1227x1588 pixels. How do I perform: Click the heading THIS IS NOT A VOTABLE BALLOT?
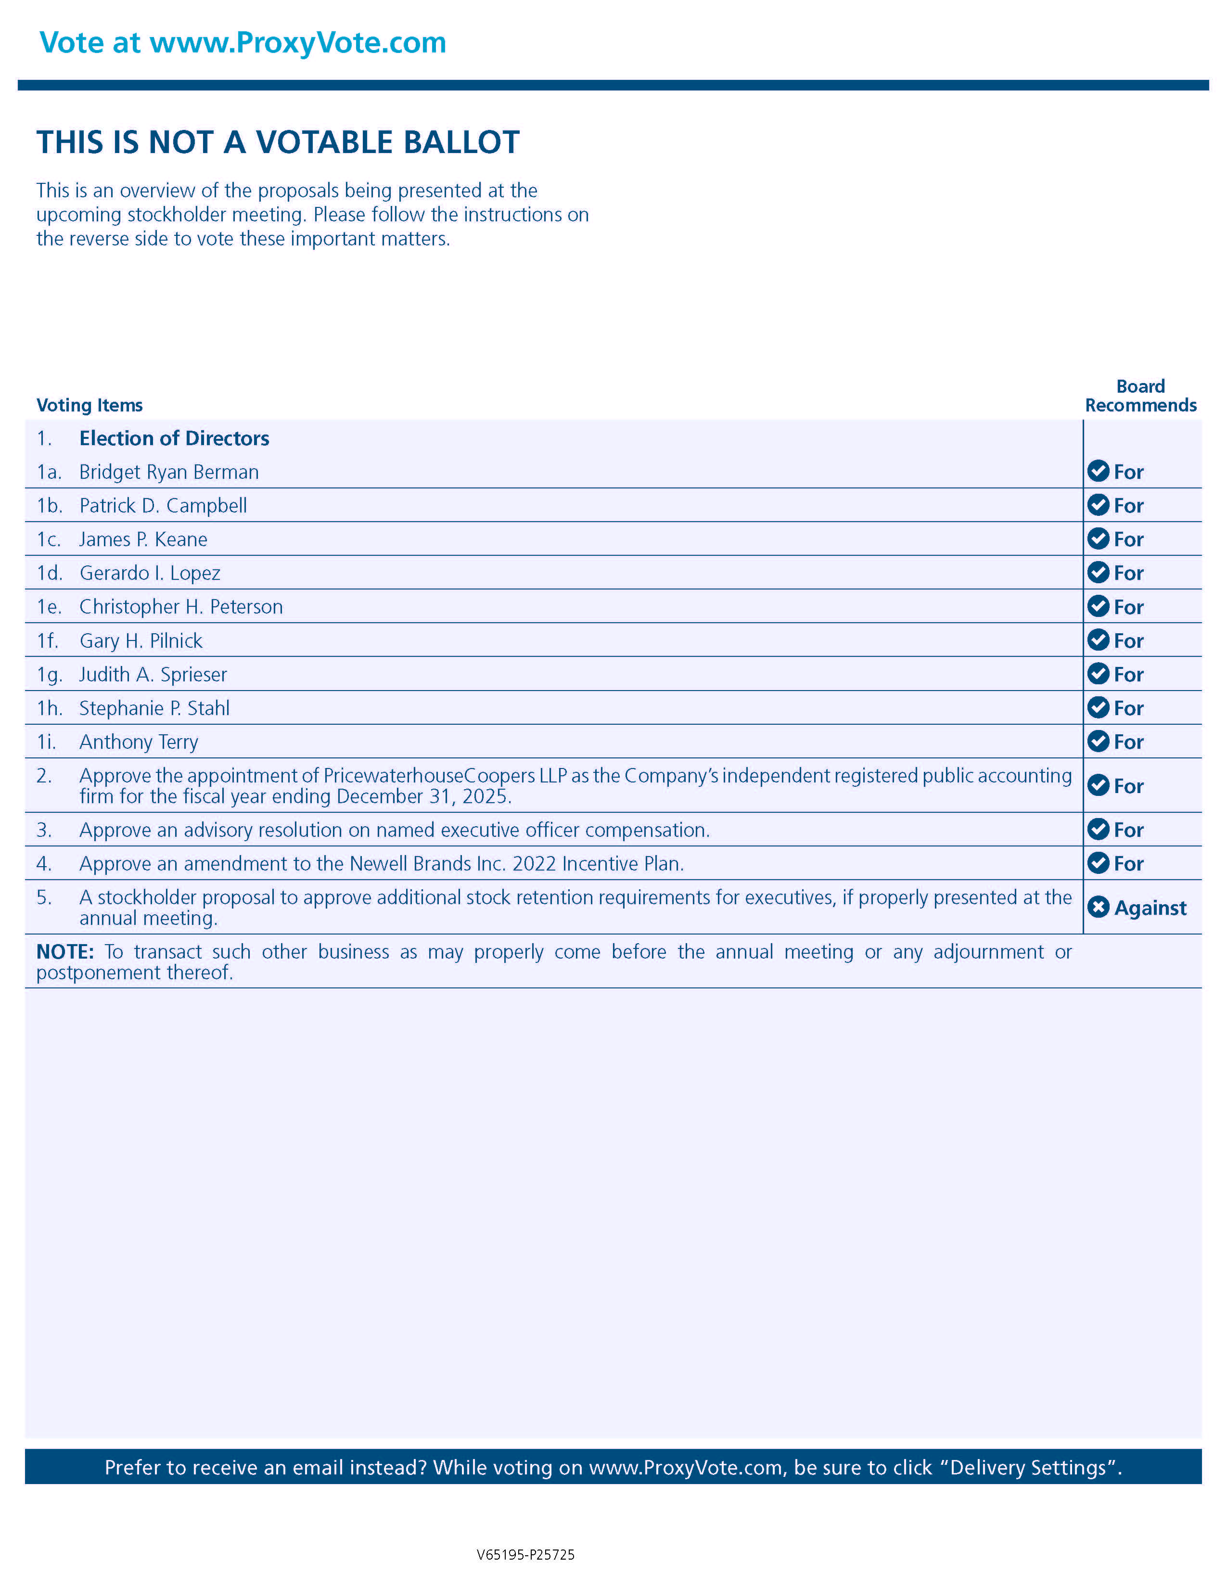click(278, 142)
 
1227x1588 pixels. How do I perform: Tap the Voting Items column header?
click(89, 405)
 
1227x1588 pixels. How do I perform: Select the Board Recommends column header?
click(1140, 396)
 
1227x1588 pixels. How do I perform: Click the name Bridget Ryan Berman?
click(168, 472)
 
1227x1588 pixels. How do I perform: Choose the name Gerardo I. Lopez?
click(150, 573)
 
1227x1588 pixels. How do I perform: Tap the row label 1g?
click(50, 675)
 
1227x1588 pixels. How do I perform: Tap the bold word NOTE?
click(64, 952)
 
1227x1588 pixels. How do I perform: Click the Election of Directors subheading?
click(175, 438)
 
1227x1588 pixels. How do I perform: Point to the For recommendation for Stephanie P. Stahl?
click(1128, 708)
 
